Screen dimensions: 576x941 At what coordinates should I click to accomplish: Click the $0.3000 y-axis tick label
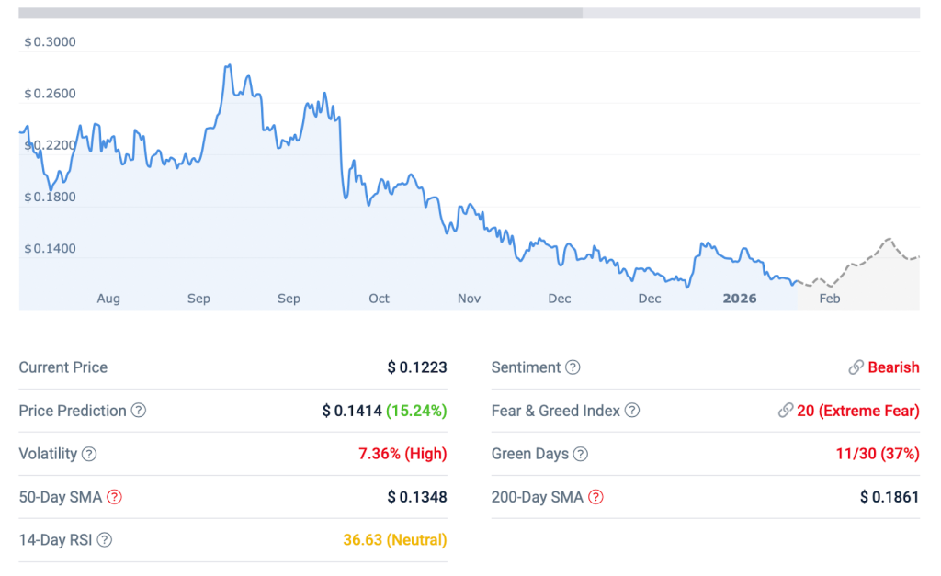pyautogui.click(x=50, y=42)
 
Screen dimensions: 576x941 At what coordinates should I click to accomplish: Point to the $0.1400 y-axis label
pyautogui.click(x=50, y=249)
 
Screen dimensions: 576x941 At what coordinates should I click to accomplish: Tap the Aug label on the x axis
pyautogui.click(x=108, y=299)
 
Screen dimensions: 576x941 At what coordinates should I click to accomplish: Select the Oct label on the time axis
pyautogui.click(x=379, y=299)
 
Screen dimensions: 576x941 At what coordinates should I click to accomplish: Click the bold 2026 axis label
pyautogui.click(x=740, y=299)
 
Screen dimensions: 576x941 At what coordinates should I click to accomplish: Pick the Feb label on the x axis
pyautogui.click(x=829, y=299)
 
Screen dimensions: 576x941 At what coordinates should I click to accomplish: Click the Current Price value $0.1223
pyautogui.click(x=416, y=367)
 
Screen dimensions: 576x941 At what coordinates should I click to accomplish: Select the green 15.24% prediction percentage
pyautogui.click(x=416, y=411)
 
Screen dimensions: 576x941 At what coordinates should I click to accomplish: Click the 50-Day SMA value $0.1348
pyautogui.click(x=416, y=497)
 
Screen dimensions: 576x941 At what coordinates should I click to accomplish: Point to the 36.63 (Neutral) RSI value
pyautogui.click(x=395, y=540)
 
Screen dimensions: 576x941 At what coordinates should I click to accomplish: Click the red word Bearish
pyautogui.click(x=893, y=367)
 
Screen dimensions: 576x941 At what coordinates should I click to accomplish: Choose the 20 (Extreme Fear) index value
pyautogui.click(x=857, y=411)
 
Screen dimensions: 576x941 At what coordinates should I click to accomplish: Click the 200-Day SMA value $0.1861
pyautogui.click(x=890, y=497)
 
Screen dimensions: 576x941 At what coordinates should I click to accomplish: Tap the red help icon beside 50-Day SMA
pyautogui.click(x=114, y=497)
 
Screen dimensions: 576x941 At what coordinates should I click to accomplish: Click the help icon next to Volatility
pyautogui.click(x=89, y=454)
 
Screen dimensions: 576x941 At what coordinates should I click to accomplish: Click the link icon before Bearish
pyautogui.click(x=856, y=367)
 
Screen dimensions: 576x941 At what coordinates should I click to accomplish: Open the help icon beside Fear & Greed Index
pyautogui.click(x=632, y=411)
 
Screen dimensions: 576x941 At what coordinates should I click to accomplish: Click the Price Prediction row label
pyautogui.click(x=73, y=411)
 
